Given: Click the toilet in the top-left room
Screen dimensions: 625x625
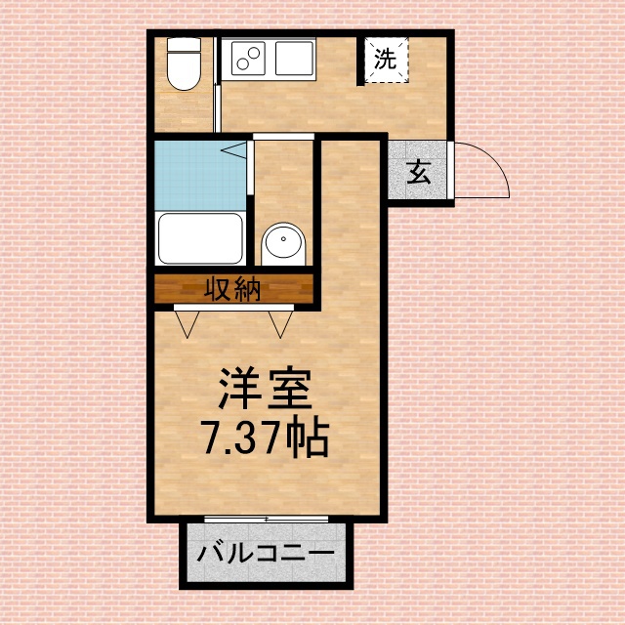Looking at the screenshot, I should click(182, 68).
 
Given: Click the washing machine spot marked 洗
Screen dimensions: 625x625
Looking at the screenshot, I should click(387, 60).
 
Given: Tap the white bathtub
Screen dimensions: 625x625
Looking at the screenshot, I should click(200, 236).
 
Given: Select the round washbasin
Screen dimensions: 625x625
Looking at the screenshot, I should click(283, 242).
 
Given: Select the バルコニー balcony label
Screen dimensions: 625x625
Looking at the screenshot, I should click(265, 554).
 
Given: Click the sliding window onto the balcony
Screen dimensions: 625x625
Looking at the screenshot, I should click(265, 518).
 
